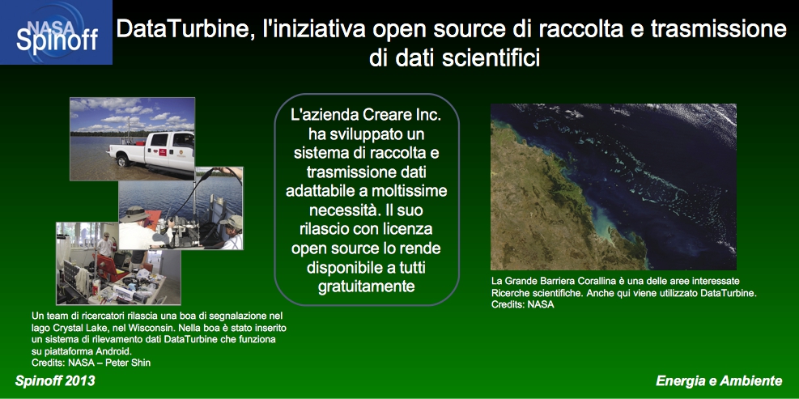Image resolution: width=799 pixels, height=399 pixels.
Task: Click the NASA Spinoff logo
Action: pyautogui.click(x=56, y=32)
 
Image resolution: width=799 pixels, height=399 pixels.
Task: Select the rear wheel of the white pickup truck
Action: pyautogui.click(x=123, y=161)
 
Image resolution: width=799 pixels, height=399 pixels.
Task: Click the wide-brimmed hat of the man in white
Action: pyautogui.click(x=134, y=214)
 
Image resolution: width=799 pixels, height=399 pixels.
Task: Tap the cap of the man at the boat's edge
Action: pyautogui.click(x=232, y=222)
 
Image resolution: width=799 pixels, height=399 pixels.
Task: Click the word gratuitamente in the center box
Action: pyautogui.click(x=367, y=287)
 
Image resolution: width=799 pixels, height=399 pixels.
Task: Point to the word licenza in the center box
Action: pyautogui.click(x=410, y=231)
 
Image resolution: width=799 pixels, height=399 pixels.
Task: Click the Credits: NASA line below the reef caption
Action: pyautogui.click(x=522, y=305)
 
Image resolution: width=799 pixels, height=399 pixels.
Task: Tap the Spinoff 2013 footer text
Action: pyautogui.click(x=55, y=381)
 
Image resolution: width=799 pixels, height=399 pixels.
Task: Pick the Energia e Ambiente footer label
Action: pyautogui.click(x=719, y=381)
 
